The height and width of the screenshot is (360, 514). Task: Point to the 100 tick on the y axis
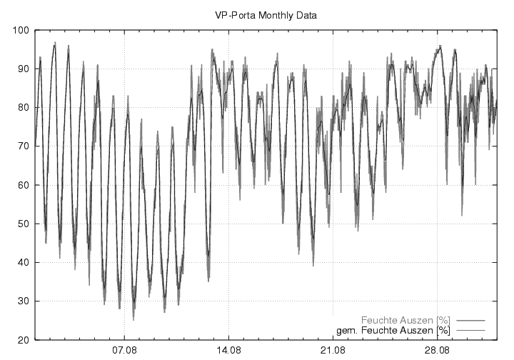pos(20,31)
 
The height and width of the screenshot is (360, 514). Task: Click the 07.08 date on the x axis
pos(124,350)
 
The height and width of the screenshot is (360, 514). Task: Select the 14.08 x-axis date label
pos(228,350)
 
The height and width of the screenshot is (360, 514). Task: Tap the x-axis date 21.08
pos(333,350)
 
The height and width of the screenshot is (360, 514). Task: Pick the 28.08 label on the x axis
pos(437,350)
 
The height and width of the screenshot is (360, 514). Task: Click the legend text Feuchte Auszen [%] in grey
pos(405,320)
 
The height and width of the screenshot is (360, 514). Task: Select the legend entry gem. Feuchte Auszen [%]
pos(393,331)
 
